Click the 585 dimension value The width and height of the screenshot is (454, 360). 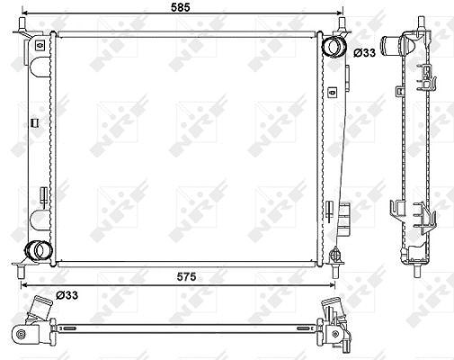coord(181,7)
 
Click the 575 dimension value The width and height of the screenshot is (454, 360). coord(186,276)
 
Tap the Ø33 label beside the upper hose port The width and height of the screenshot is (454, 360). coord(364,53)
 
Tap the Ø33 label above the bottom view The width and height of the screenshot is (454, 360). coord(67,295)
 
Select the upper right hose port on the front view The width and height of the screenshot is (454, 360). coord(334,47)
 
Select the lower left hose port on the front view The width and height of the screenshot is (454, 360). coord(39,250)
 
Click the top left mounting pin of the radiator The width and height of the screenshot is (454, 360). coord(22,23)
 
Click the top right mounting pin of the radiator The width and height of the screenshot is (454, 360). coord(342,23)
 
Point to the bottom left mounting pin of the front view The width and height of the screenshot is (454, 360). coord(21,272)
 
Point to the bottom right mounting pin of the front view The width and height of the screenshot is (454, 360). coord(335,272)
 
